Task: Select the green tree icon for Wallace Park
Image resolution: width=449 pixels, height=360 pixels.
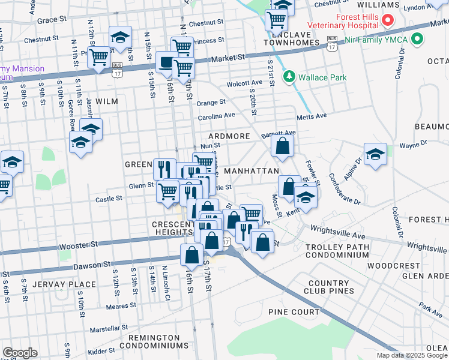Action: click(x=289, y=77)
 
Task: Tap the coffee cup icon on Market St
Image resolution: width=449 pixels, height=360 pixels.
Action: click(x=166, y=61)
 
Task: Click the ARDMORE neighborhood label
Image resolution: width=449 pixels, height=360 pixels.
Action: click(x=229, y=136)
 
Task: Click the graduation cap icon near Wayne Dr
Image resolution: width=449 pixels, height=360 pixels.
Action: click(x=375, y=154)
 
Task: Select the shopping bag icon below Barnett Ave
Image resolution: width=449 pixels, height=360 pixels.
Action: click(x=282, y=145)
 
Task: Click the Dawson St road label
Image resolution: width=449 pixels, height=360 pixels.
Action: click(x=92, y=265)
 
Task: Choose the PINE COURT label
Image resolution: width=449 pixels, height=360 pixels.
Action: click(x=294, y=312)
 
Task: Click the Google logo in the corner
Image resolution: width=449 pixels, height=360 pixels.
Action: click(x=20, y=353)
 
